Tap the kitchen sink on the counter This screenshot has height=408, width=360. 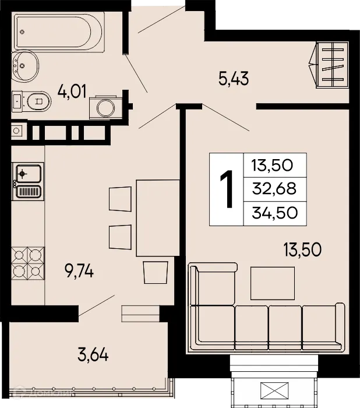tap(27, 173)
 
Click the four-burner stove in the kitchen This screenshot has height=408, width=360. tap(28, 263)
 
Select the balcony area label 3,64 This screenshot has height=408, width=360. tap(93, 353)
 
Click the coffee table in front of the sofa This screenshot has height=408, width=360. tap(272, 283)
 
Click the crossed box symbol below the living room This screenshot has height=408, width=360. tap(275, 390)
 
